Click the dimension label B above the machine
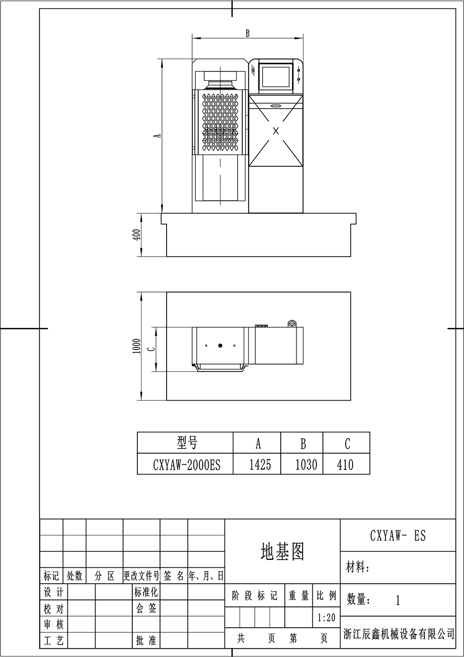tap(248, 33)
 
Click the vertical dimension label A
tap(158, 136)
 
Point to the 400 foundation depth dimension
tap(137, 234)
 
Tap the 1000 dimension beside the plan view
tap(136, 346)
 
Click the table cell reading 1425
tap(260, 465)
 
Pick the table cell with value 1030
tap(306, 465)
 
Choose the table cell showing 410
tap(345, 465)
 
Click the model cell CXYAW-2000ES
tap(187, 465)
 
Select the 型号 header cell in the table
tap(187, 443)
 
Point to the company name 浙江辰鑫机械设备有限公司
tap(399, 634)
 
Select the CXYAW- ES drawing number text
tap(398, 535)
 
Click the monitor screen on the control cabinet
tap(276, 77)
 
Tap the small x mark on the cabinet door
tap(276, 131)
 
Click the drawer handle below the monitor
tap(276, 105)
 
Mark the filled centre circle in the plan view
tap(220, 345)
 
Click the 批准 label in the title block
tap(146, 640)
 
